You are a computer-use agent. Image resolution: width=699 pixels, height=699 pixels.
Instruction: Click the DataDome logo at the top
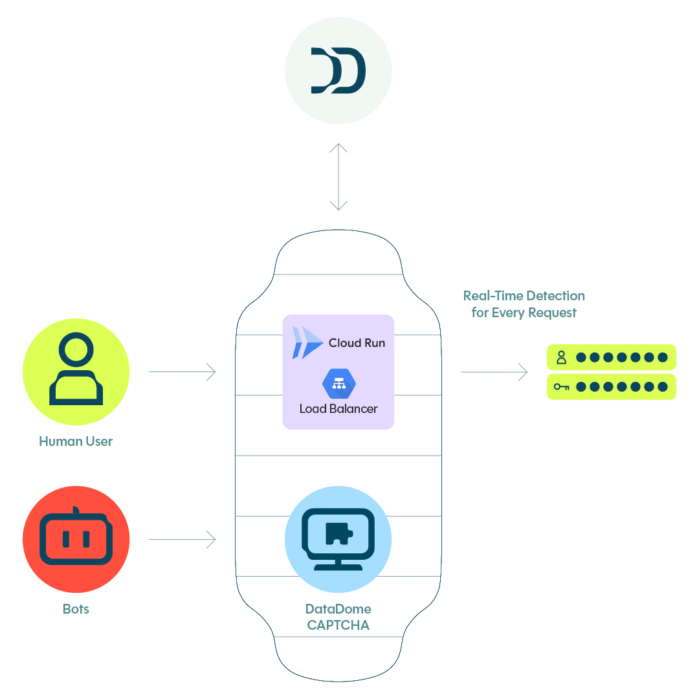coord(338,71)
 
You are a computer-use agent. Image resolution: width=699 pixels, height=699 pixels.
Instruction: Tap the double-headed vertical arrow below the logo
coord(338,177)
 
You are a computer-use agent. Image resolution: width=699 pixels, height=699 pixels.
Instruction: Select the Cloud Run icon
coord(307,342)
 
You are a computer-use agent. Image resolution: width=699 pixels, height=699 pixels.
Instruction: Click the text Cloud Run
coord(357,343)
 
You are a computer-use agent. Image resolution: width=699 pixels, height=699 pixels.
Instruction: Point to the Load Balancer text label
coord(338,409)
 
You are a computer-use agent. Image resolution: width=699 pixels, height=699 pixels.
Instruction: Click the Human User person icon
coord(76,370)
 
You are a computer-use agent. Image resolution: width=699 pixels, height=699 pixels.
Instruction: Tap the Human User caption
coord(76,442)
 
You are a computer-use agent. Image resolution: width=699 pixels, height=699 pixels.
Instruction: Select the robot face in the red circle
coord(76,539)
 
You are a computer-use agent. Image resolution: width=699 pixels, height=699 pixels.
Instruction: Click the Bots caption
coord(76,609)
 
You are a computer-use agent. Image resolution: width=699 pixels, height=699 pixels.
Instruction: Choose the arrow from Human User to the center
coord(182,372)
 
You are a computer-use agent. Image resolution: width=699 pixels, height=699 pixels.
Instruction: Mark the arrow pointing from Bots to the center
coord(182,539)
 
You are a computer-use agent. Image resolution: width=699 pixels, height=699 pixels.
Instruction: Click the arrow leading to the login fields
coord(494,372)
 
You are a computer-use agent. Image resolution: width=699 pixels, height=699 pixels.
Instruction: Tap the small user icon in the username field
coord(561,357)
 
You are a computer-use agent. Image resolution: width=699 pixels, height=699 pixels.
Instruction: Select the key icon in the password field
coord(561,387)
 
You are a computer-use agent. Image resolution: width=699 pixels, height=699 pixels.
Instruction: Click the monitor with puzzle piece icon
coord(338,538)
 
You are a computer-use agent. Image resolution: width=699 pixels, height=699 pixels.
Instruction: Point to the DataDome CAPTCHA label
coord(338,617)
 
